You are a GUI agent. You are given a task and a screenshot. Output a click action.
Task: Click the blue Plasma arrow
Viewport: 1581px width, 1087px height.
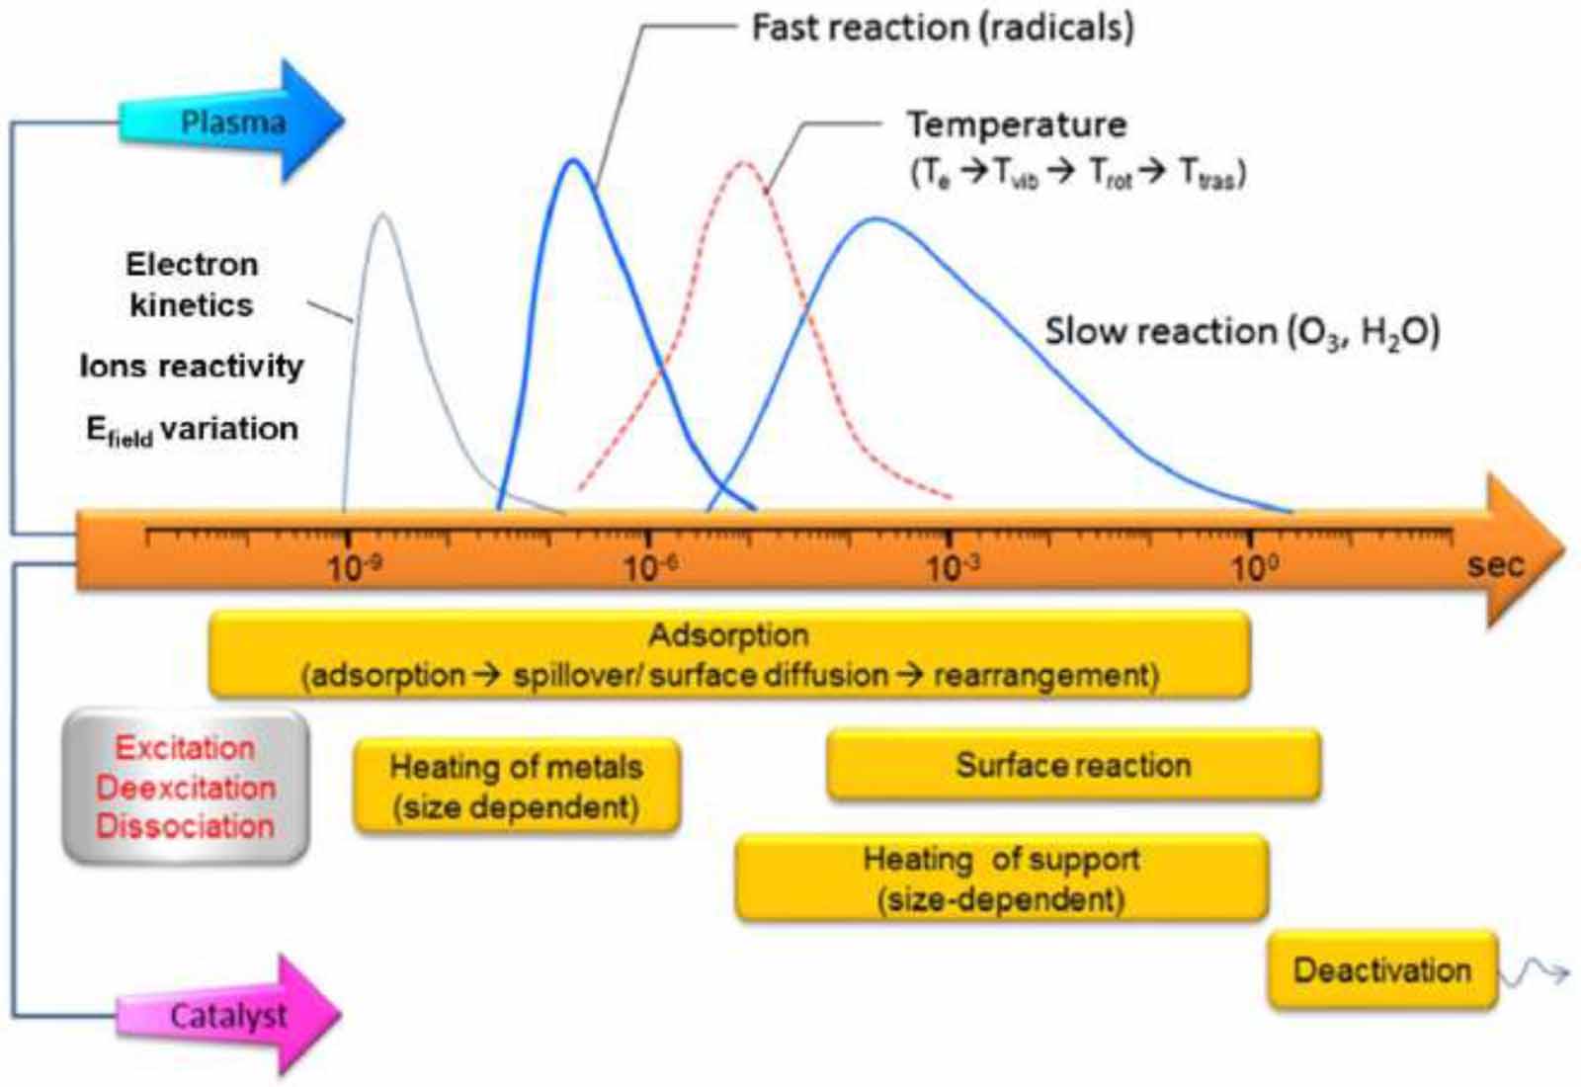232,122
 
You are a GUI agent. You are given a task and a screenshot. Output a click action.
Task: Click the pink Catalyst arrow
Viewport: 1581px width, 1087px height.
229,1015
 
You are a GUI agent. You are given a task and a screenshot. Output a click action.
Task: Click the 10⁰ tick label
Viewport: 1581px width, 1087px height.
1253,568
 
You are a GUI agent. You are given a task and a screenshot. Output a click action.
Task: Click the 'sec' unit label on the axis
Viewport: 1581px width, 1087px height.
1495,565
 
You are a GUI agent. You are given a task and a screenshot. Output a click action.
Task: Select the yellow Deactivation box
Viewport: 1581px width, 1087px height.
1382,969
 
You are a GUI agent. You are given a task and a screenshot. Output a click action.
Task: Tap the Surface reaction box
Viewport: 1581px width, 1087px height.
1073,765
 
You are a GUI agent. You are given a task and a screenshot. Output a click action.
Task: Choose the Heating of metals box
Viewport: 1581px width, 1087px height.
516,787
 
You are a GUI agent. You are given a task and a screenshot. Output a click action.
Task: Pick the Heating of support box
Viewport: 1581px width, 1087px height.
1001,878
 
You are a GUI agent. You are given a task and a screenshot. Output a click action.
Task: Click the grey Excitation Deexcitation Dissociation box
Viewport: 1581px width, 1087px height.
186,787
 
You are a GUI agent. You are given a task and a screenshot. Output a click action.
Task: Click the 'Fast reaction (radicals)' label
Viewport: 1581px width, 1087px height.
943,28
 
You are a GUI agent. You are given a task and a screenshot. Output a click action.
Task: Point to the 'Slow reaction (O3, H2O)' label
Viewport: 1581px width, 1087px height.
1242,331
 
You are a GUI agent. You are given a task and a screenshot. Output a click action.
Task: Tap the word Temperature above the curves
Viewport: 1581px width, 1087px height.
1017,125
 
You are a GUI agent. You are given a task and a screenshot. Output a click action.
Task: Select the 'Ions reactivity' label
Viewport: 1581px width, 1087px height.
192,367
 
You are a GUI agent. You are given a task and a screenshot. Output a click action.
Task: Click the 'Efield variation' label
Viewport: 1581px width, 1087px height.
192,430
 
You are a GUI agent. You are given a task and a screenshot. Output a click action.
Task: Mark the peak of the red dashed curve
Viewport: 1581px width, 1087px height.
744,162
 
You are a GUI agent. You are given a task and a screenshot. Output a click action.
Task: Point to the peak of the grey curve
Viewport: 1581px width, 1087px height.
382,215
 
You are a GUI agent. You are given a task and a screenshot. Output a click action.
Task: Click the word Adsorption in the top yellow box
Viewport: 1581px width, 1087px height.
728,634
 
